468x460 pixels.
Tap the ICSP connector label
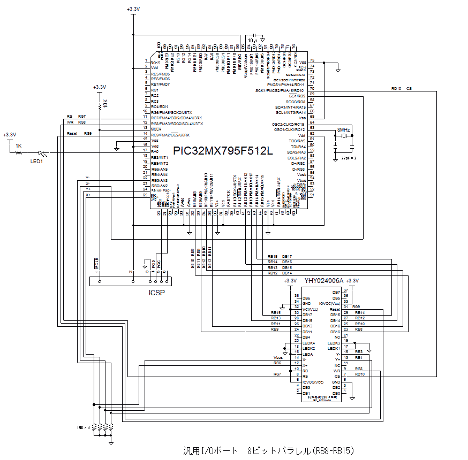tap(156, 293)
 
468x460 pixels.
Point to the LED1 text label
tap(36, 161)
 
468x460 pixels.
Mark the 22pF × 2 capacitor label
tap(349, 158)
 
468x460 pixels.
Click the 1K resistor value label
tap(18, 146)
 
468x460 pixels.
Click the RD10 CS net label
tap(401, 88)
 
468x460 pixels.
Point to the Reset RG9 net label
tap(80, 133)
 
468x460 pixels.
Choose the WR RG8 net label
tap(76, 122)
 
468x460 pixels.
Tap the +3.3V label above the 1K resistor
tap(10, 135)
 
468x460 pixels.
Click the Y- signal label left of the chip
tap(88, 178)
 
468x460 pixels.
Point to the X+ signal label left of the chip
tap(88, 195)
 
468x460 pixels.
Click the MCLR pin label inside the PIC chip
tap(156, 129)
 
